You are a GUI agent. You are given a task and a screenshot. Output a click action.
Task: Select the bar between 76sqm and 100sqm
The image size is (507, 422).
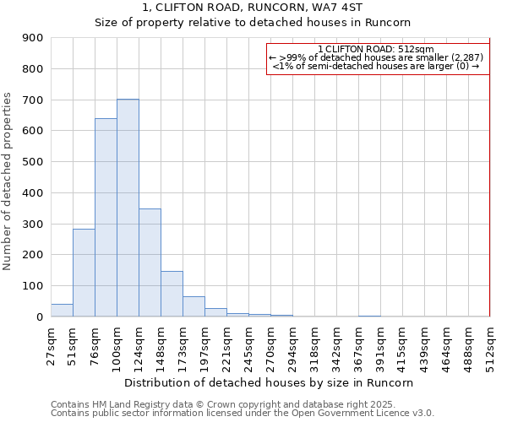[x=106, y=218]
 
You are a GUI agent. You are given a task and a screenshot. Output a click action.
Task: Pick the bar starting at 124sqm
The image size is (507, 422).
[x=150, y=262]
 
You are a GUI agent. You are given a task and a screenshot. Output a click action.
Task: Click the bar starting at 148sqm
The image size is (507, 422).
[x=172, y=294]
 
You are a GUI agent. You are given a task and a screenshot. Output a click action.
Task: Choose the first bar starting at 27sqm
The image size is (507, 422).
[x=62, y=311]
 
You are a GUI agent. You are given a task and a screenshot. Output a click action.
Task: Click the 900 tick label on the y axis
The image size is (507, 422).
[x=32, y=38]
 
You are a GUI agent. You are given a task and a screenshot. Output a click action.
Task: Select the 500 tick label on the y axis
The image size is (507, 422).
[x=32, y=162]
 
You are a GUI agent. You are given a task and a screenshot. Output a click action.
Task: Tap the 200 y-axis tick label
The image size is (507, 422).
[x=32, y=255]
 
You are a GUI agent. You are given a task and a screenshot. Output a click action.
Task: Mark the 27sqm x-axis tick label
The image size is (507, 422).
[x=51, y=342]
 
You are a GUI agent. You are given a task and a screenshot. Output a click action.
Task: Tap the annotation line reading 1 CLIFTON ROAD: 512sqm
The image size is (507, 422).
[x=376, y=49]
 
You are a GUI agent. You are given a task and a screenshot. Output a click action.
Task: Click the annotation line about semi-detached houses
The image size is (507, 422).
[x=376, y=66]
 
